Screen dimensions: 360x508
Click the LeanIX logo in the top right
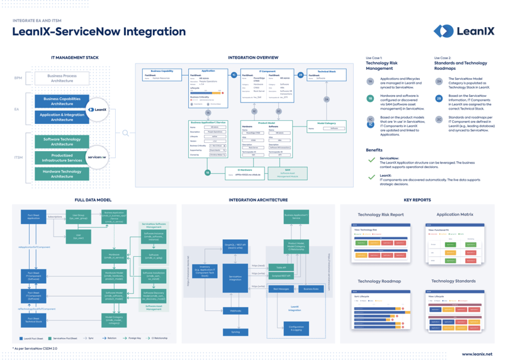(x=463, y=31)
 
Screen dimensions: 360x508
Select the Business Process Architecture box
(x=62, y=78)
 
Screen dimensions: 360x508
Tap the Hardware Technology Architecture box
(x=62, y=174)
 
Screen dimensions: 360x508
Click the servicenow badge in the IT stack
(x=96, y=157)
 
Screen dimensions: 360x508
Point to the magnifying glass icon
(x=126, y=133)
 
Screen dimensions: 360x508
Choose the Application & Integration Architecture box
(x=62, y=117)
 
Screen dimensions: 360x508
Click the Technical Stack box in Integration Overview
(x=326, y=74)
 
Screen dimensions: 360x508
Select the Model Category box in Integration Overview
(x=326, y=126)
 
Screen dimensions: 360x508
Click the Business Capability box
(x=162, y=74)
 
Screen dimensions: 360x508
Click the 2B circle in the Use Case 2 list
(x=439, y=98)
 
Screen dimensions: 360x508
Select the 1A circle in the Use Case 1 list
(x=371, y=81)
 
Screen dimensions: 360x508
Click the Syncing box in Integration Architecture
(x=235, y=331)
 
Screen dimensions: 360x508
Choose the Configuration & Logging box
(x=296, y=328)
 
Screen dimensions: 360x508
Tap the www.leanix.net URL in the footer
(x=477, y=354)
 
